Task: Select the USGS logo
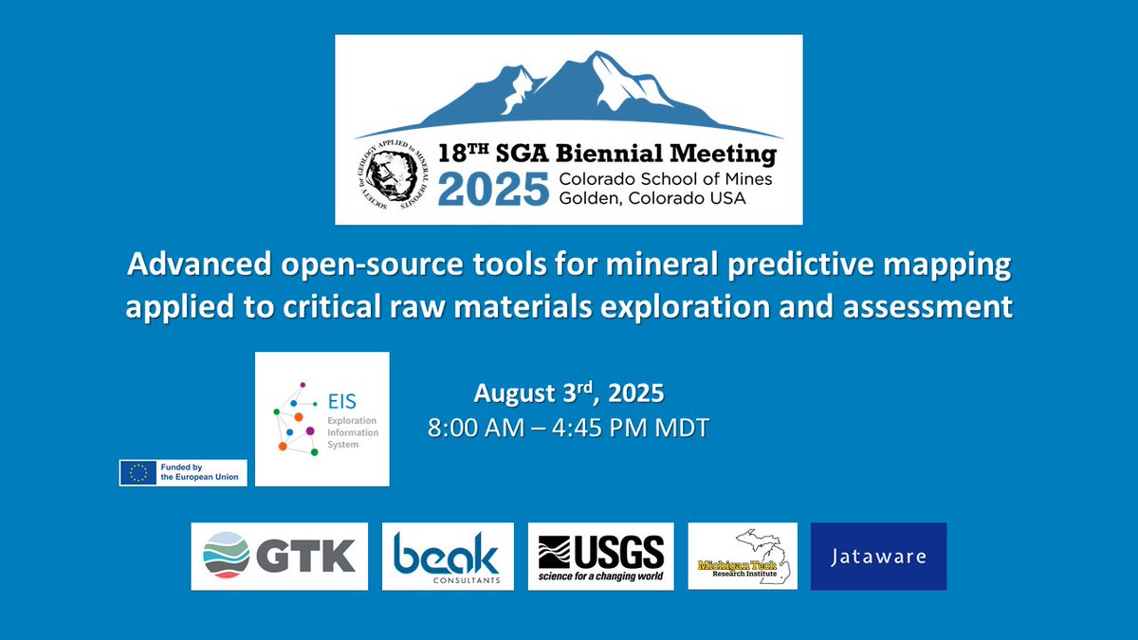(x=600, y=556)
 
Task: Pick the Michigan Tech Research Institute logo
(x=743, y=557)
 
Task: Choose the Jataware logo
(x=878, y=556)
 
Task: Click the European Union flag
(x=140, y=472)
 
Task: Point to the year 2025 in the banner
(x=494, y=188)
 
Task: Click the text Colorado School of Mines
(x=666, y=179)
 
